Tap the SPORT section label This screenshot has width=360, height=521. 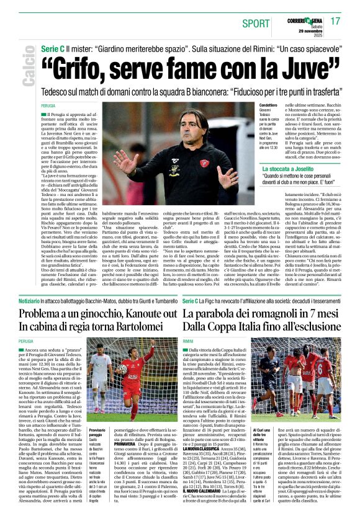256,24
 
